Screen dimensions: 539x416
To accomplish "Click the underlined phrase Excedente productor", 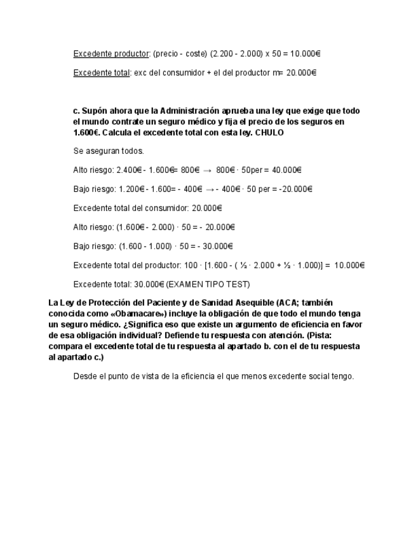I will pos(111,53).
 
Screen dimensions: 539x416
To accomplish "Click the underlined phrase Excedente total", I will pos(101,72).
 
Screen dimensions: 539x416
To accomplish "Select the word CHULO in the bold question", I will pos(269,133).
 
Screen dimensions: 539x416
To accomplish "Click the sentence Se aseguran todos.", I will pos(109,151).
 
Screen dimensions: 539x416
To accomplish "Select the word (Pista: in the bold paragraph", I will pos(324,335).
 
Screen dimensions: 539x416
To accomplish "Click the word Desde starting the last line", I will pos(84,376).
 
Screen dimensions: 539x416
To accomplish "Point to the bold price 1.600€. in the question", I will pos(86,133).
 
